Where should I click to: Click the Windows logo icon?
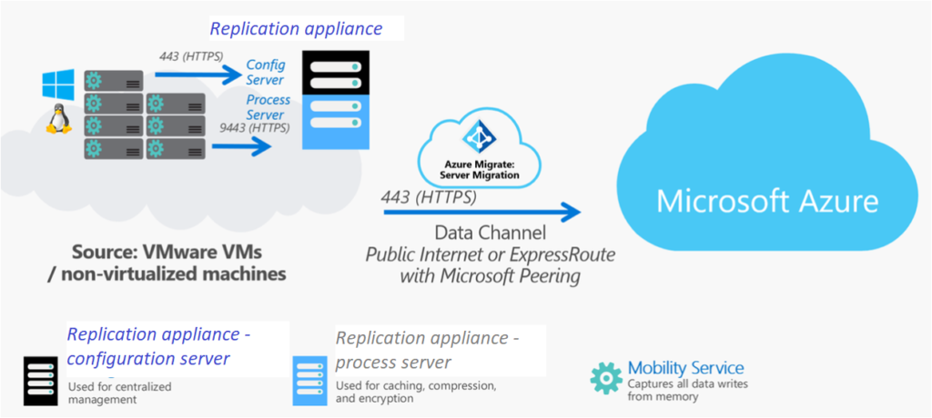56,86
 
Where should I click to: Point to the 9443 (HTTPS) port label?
255,129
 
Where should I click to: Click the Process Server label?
268,108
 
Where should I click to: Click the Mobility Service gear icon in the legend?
606,377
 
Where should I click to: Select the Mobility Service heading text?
685,368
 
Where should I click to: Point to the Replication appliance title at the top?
295,28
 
